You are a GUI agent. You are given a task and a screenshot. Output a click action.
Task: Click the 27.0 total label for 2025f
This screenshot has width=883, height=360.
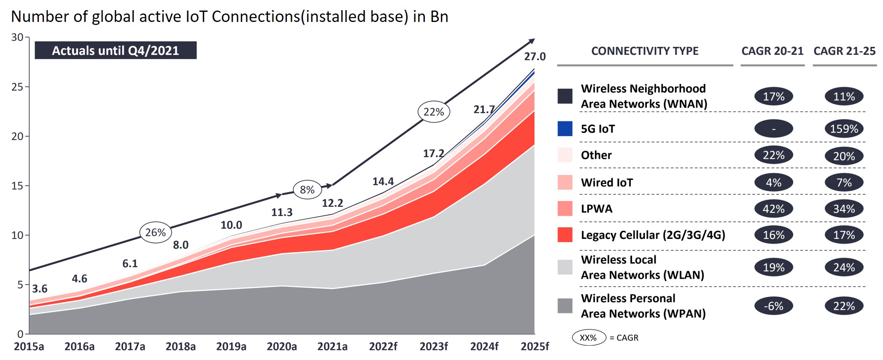(535, 57)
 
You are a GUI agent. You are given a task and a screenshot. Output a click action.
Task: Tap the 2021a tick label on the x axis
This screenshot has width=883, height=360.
(332, 347)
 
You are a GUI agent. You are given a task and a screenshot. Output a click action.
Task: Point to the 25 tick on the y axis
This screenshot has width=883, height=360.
(17, 87)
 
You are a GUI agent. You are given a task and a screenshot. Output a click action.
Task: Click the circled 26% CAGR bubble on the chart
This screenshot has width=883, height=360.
(155, 233)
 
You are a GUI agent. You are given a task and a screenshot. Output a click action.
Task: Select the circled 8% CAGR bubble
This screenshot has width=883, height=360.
(307, 190)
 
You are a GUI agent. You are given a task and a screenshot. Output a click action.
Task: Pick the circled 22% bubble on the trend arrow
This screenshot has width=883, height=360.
(434, 112)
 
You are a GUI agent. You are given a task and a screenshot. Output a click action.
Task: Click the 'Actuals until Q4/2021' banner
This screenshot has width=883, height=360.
(115, 51)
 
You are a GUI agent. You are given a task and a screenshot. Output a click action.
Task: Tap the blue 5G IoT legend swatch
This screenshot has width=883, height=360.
(565, 129)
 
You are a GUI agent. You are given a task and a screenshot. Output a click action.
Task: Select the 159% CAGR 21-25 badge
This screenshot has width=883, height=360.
(844, 129)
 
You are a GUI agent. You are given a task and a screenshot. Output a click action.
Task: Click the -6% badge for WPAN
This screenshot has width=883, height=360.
(773, 306)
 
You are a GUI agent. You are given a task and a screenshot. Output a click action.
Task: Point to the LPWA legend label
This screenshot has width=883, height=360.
(597, 209)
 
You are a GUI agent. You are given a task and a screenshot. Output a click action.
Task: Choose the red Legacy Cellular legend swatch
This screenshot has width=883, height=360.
(565, 235)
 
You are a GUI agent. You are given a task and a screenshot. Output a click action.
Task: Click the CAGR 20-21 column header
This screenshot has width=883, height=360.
(772, 51)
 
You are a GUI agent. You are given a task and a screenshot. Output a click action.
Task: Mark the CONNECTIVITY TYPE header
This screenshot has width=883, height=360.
(645, 51)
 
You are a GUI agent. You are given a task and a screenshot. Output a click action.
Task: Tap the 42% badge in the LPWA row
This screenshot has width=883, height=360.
(773, 209)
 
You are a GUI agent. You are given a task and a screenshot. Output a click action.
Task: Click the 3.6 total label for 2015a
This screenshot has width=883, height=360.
(40, 289)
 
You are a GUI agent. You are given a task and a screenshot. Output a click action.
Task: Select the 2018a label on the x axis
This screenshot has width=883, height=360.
(181, 347)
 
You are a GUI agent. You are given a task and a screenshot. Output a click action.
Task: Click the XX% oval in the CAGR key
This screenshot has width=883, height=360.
(588, 338)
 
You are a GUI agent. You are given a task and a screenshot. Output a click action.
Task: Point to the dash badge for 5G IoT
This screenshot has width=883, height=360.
(773, 129)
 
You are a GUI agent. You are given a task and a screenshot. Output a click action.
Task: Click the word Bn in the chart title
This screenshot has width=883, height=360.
(439, 17)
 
